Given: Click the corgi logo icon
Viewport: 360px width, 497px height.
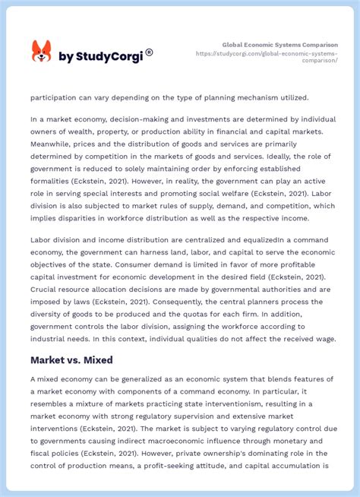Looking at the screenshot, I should pos(41,52).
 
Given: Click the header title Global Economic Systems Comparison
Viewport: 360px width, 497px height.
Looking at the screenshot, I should pos(279,45).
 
